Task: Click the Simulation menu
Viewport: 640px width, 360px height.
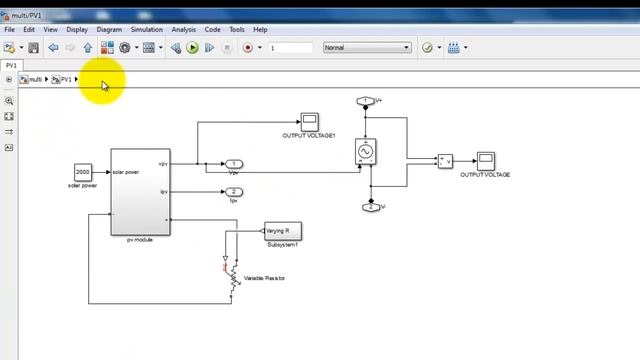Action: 146,30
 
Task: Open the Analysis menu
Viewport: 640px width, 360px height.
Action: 183,30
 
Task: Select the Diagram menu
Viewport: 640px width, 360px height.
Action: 109,30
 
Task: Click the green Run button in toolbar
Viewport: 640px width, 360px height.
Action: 192,47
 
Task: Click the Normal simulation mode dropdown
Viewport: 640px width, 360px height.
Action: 366,47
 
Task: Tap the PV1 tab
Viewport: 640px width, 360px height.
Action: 12,65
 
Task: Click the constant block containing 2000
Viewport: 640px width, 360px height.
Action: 83,171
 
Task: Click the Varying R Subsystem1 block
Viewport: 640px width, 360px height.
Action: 282,231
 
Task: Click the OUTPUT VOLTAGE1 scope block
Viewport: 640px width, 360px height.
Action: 309,122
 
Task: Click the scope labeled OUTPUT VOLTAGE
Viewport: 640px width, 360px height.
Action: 485,161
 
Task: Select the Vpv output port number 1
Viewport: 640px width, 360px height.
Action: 233,163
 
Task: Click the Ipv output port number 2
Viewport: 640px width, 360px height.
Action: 233,191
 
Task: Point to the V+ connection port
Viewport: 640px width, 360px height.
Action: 366,101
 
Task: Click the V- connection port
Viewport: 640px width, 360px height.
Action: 370,207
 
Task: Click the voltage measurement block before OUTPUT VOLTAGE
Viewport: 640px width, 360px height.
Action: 445,161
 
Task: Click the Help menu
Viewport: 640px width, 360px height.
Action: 260,30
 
